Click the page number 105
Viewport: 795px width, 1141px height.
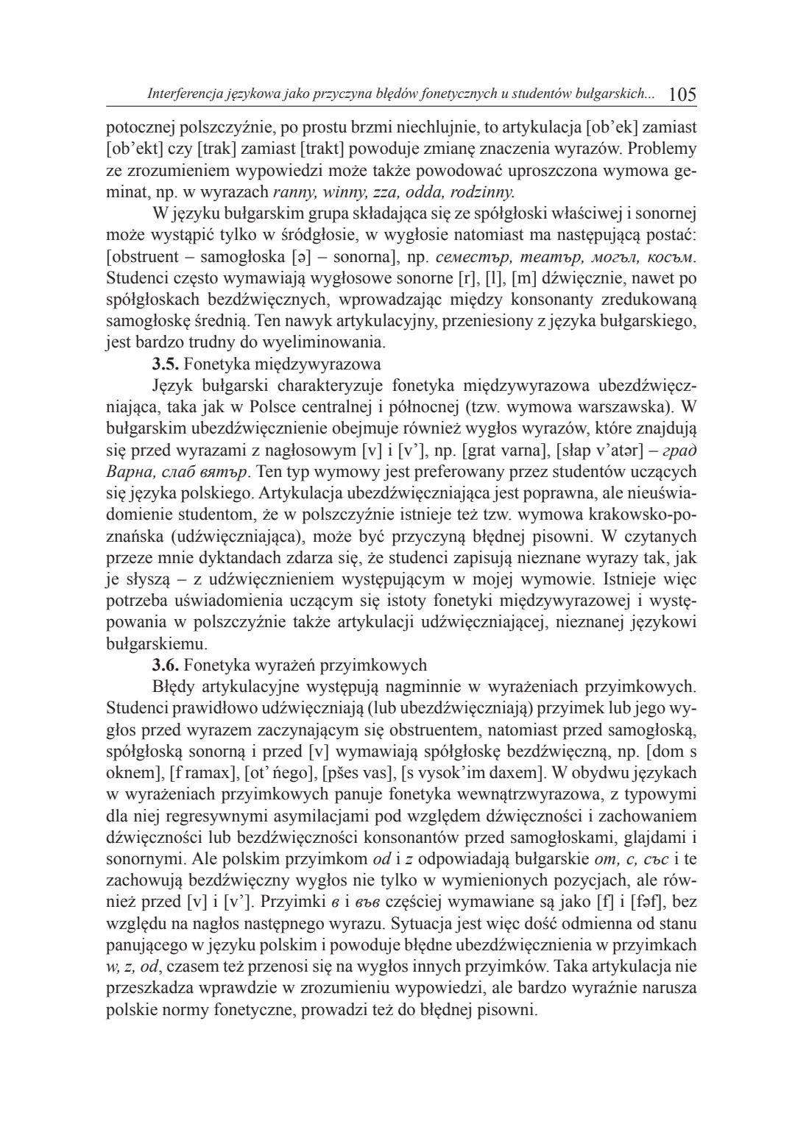tap(682, 94)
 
